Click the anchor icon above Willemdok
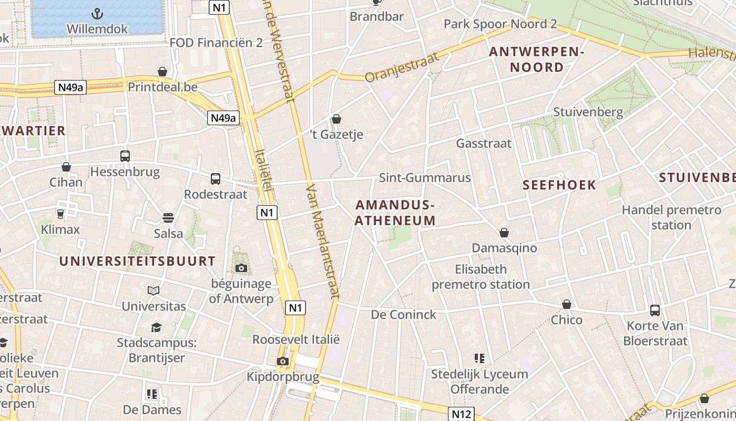97,14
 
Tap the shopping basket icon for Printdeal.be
162,72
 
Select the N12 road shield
461,414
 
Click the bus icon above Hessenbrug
125,156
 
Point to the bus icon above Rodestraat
216,179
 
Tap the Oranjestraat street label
402,67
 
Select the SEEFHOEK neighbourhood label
560,185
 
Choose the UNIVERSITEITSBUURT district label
137,261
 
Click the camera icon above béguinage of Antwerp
241,268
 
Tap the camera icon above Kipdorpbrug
283,361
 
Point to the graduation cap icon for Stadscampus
156,328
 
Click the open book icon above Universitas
154,290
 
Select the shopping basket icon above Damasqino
504,232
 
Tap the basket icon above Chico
567,304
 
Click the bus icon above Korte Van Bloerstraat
655,310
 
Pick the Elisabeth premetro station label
481,277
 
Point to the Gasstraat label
484,143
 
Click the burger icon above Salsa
168,218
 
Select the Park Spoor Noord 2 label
500,24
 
